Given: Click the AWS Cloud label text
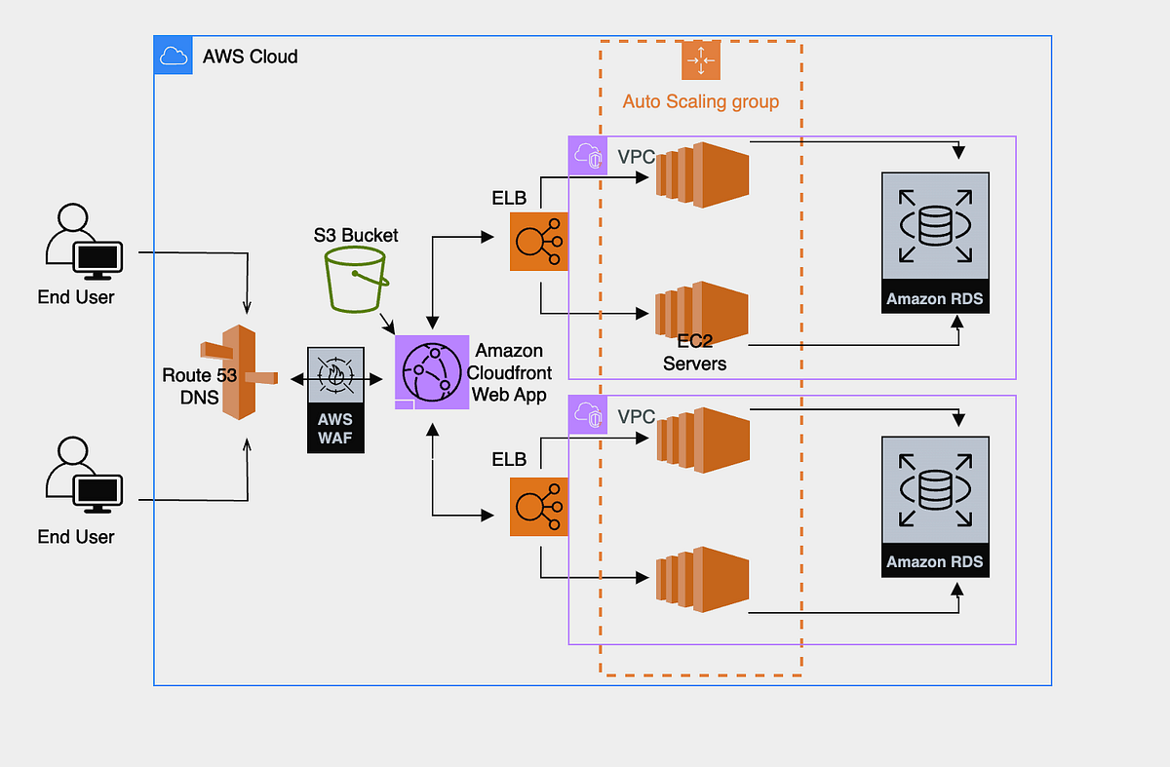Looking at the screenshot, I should click(250, 57).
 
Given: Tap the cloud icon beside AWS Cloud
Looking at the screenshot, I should click(173, 56).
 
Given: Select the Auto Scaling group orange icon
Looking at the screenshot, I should click(699, 60).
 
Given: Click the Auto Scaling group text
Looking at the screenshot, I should click(700, 101).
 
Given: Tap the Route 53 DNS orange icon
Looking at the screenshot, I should click(235, 373).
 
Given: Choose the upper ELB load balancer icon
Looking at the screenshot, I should click(538, 242).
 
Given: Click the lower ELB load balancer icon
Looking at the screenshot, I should click(538, 506).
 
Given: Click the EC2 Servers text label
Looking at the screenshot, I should click(694, 354).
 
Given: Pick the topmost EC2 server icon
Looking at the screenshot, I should click(700, 173).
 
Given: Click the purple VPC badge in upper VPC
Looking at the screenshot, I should click(588, 155).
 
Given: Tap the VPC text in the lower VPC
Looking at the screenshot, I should click(636, 417).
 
